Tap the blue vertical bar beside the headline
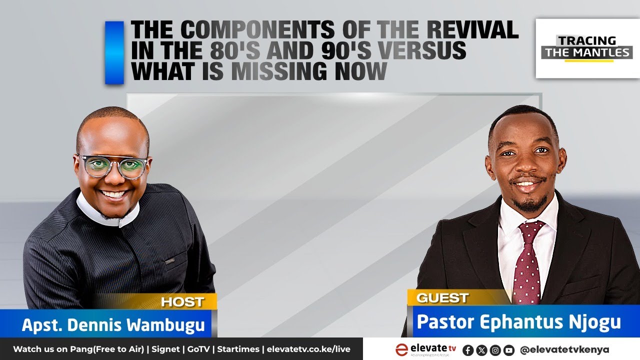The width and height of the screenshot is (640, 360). tap(114, 52)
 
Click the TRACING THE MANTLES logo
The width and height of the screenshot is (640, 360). tap(587, 48)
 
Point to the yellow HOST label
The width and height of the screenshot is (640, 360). tap(182, 302)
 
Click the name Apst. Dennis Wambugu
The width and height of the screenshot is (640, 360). tap(113, 325)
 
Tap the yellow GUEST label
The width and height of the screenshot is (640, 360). tap(442, 298)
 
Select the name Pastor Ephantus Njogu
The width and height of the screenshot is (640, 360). tap(518, 322)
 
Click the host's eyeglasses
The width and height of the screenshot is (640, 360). tap(113, 166)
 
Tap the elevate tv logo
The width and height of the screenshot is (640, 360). tap(425, 349)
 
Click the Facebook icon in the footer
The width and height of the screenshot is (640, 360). tap(468, 350)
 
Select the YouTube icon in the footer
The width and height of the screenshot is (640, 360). tap(509, 350)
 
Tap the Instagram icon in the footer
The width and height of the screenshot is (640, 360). tap(495, 350)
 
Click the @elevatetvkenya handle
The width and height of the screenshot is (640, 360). tap(564, 349)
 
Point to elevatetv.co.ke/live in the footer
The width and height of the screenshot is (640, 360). tap(308, 349)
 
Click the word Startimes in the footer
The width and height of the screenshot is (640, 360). tap(238, 349)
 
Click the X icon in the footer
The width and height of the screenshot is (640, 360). tap(482, 350)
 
